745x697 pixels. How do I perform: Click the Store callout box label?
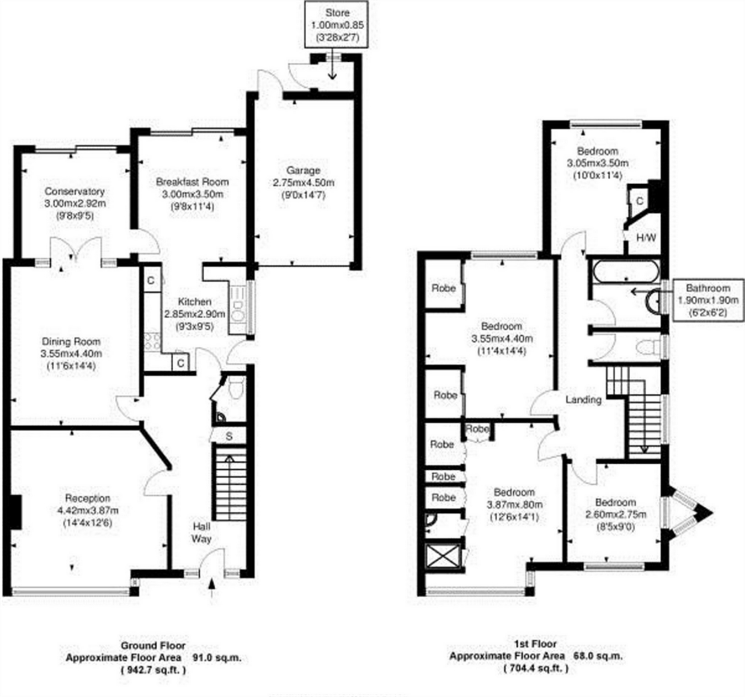(x=337, y=13)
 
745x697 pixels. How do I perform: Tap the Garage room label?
(x=303, y=170)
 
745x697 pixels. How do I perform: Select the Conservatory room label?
(x=74, y=191)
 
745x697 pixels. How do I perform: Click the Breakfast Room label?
(x=192, y=182)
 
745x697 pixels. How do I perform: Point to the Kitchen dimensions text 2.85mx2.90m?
(x=194, y=314)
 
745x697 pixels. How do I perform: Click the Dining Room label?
(x=71, y=341)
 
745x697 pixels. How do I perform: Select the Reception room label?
(x=88, y=498)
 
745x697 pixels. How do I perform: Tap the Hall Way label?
(x=201, y=532)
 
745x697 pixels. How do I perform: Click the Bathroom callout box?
(x=707, y=300)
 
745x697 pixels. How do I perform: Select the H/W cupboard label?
(x=646, y=238)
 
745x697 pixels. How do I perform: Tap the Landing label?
(x=583, y=399)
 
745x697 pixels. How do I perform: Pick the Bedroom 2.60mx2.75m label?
(x=615, y=502)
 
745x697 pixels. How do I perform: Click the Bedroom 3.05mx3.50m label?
(x=598, y=151)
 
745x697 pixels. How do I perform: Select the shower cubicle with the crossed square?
(x=444, y=556)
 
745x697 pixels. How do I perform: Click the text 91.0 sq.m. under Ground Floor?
(x=217, y=657)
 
